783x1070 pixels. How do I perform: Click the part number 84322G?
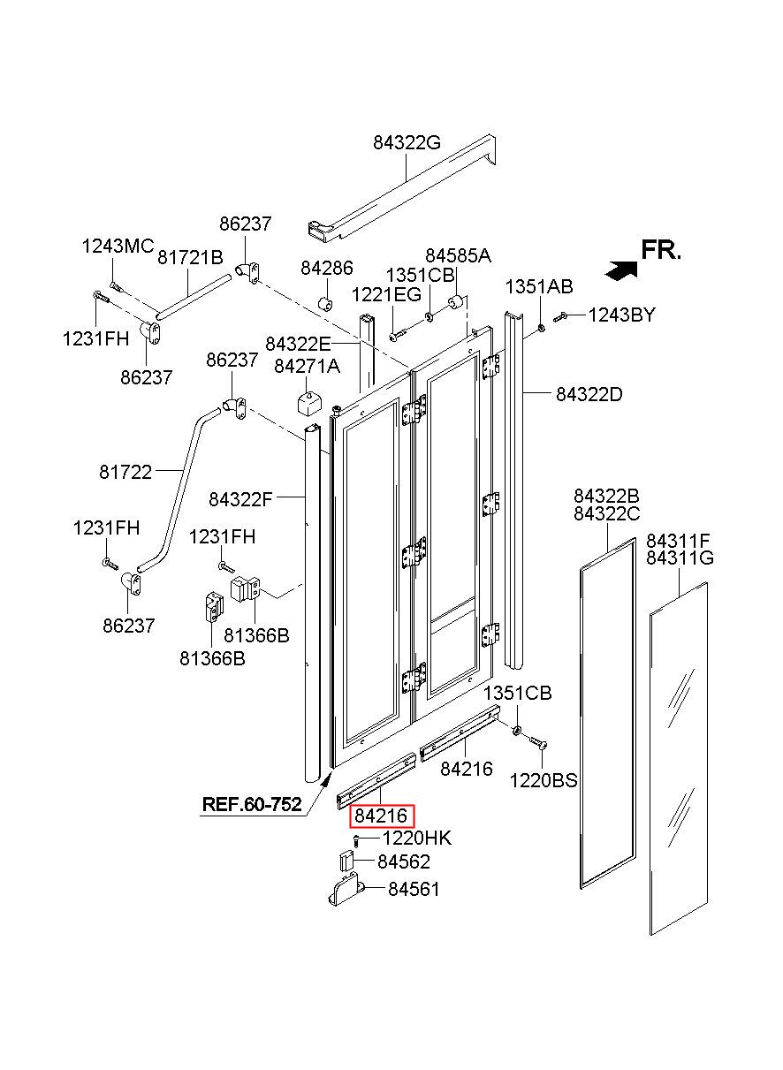[407, 142]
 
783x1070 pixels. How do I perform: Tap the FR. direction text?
[661, 250]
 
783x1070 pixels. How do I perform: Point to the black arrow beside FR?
[621, 270]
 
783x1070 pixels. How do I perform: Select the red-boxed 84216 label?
[381, 816]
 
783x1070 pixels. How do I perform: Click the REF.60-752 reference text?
[252, 804]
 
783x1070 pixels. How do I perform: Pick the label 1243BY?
[621, 315]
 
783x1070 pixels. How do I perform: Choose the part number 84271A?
[307, 367]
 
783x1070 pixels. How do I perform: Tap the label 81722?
[125, 472]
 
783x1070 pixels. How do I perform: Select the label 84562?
[404, 861]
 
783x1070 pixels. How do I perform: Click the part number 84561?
[414, 889]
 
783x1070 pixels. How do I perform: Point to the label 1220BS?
[544, 780]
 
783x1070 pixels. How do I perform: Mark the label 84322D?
[589, 395]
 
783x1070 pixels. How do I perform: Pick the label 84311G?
[680, 558]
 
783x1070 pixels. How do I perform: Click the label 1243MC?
[118, 247]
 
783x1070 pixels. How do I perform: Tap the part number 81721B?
[190, 258]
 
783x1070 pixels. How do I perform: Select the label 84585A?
[458, 256]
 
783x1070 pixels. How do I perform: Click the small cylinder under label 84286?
[325, 303]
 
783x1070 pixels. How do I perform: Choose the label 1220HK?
[416, 838]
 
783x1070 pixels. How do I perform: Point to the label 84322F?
[240, 499]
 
